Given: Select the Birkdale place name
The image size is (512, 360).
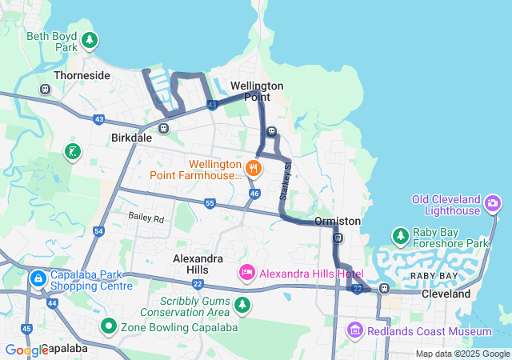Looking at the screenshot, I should click(x=130, y=137).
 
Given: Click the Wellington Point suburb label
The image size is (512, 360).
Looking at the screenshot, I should click(x=257, y=90).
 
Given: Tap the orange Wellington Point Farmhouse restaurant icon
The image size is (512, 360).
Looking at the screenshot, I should click(x=254, y=167).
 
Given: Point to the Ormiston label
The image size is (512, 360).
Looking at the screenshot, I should click(x=338, y=220).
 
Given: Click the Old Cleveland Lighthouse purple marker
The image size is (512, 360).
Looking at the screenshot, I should click(x=494, y=205).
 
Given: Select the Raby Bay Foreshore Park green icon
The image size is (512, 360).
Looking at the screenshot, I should click(x=400, y=236).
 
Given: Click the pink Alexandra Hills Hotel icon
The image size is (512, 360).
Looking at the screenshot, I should click(x=247, y=274).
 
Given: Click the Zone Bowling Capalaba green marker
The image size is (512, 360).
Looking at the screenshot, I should click(x=108, y=326).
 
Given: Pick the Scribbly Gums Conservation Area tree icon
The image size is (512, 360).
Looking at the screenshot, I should click(x=242, y=305).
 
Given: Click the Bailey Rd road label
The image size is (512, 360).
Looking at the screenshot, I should click(x=146, y=218).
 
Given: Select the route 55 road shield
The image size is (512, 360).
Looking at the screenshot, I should click(x=210, y=203).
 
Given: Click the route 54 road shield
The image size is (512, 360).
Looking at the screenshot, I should click(x=98, y=231).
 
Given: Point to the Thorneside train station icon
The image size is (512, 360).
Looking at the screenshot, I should click(x=45, y=89).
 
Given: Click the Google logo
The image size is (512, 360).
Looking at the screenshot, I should click(x=25, y=350).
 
